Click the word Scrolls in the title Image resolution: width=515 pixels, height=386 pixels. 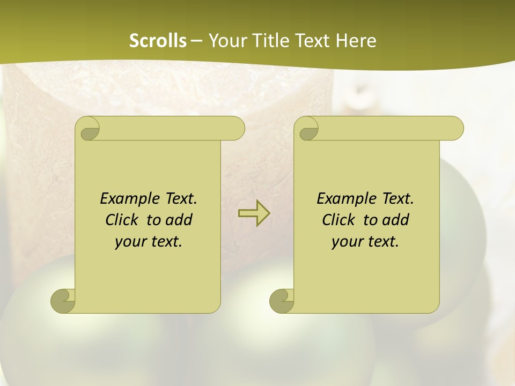(x=158, y=41)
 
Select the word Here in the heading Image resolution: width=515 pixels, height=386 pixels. (x=356, y=41)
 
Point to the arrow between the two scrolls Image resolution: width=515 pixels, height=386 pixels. (x=254, y=213)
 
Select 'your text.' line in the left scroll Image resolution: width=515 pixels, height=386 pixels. (x=149, y=241)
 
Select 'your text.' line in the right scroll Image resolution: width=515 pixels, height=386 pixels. (x=365, y=241)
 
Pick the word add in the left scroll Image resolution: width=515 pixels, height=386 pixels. (x=179, y=220)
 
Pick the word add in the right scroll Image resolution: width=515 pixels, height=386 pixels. (x=396, y=220)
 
